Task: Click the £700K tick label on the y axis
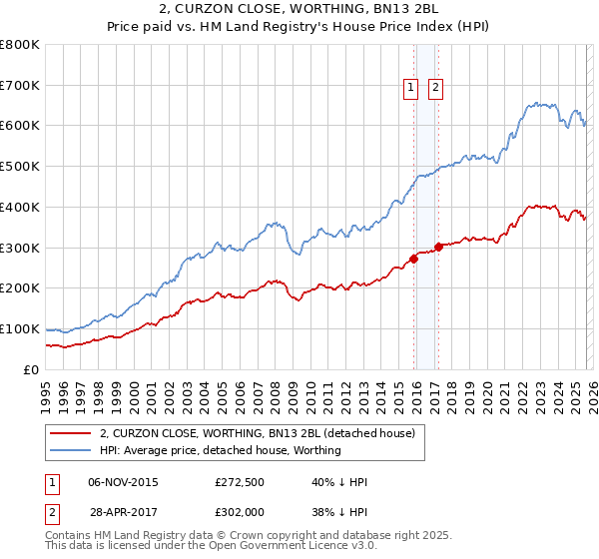coord(20,85)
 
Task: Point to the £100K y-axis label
coord(20,328)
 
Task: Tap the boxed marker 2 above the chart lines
coord(436,88)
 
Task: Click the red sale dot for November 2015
coord(413,259)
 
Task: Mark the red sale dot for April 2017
coord(438,247)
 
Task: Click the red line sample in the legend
coord(71,433)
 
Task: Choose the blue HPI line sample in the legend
coord(71,450)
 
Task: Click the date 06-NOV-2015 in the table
coord(123,482)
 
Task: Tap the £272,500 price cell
coord(239,482)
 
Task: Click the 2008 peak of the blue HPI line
coord(272,223)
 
